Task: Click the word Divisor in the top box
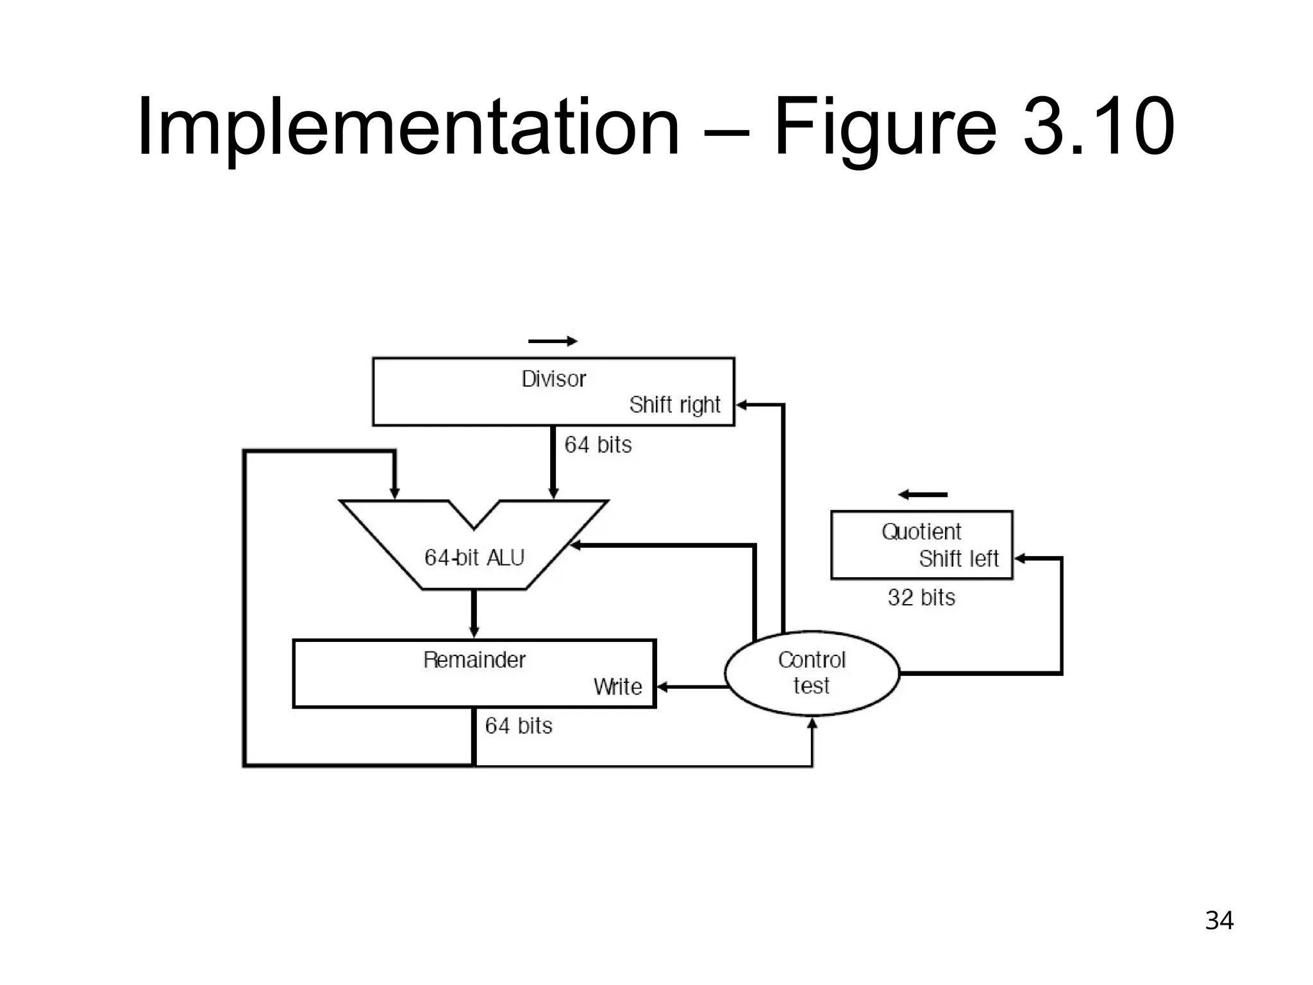click(x=553, y=379)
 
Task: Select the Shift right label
click(x=674, y=405)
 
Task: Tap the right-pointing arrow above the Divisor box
click(x=553, y=341)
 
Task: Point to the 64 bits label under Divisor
click(x=598, y=445)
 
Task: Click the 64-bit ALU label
click(x=474, y=557)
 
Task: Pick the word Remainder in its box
click(x=474, y=660)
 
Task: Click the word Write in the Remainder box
click(x=617, y=687)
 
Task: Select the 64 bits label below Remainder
click(x=518, y=726)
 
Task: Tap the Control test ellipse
click(x=812, y=673)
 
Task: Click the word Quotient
click(x=921, y=532)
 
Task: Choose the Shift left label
click(x=958, y=559)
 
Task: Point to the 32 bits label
click(x=921, y=598)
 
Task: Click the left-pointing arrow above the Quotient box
click(x=923, y=494)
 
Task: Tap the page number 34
click(x=1219, y=921)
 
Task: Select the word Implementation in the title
click(x=408, y=127)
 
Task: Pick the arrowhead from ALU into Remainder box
click(x=474, y=633)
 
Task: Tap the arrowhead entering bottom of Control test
click(x=812, y=723)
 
